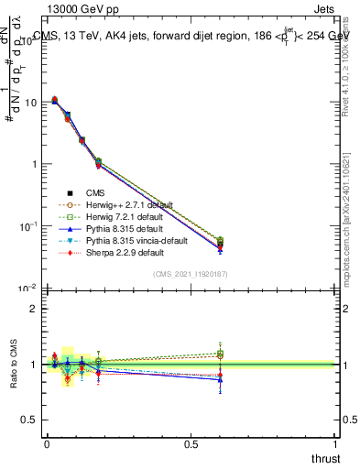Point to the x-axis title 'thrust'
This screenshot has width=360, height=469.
tap(325, 457)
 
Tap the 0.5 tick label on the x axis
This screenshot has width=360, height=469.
tap(191, 443)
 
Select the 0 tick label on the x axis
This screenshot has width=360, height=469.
tap(47, 443)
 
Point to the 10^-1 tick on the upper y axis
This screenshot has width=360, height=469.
tap(28, 226)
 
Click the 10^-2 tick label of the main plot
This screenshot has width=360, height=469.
tap(28, 289)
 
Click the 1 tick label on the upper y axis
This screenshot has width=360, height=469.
tap(34, 164)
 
